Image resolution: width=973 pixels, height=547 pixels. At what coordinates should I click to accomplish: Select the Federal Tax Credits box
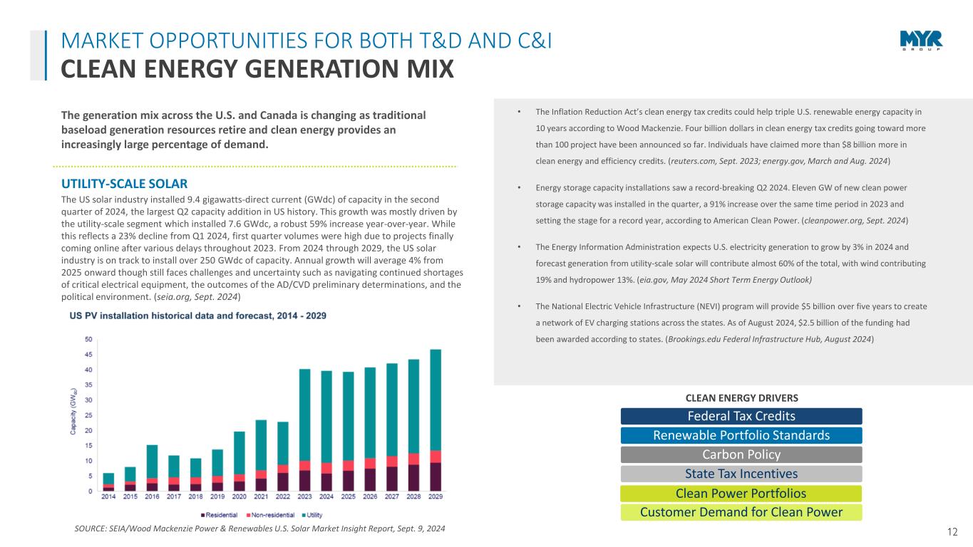(741, 416)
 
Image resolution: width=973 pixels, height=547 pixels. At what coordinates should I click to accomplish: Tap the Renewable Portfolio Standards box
(741, 435)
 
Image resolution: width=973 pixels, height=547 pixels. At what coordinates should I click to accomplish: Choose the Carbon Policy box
(741, 454)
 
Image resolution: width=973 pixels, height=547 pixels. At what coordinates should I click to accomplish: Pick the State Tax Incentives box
(741, 474)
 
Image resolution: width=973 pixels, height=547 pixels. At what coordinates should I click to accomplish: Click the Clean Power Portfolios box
(741, 493)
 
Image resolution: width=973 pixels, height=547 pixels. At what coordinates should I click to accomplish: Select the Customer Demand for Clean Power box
(741, 512)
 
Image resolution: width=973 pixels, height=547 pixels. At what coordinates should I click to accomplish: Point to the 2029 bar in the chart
(435, 420)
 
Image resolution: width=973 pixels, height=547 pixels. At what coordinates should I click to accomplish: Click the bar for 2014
(108, 482)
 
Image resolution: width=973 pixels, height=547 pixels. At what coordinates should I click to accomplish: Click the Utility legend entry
(314, 514)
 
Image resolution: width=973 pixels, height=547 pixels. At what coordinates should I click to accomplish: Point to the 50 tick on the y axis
(88, 339)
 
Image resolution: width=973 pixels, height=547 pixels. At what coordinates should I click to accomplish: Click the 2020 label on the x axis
(239, 498)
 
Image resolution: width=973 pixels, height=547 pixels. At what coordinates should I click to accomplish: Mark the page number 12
(953, 531)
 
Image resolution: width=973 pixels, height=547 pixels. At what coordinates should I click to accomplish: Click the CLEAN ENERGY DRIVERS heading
(741, 397)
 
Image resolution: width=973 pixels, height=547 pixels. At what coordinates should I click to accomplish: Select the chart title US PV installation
(197, 316)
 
